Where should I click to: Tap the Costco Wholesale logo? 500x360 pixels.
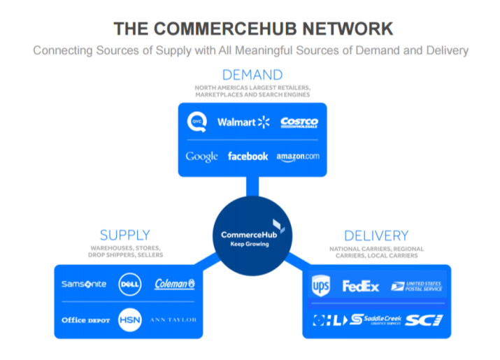pos(299,122)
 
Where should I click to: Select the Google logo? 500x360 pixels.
pos(201,157)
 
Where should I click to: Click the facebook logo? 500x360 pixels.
pos(248,157)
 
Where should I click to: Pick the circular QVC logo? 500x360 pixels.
pos(197,122)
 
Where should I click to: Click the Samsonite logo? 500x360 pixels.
pos(84,284)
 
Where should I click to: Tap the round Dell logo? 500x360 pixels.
pos(129,284)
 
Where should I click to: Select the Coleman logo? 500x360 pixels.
pos(175,284)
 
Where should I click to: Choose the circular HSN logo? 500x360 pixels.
pos(129,319)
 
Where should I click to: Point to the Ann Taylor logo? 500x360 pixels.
pos(174,319)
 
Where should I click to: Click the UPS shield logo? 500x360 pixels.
pos(321,285)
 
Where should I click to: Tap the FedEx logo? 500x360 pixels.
pos(360,286)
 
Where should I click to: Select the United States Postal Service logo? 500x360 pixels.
pos(416,286)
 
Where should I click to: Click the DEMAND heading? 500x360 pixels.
pos(252,74)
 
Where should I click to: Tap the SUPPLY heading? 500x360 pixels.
pos(124,235)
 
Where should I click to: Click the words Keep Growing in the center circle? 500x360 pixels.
pos(250,245)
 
